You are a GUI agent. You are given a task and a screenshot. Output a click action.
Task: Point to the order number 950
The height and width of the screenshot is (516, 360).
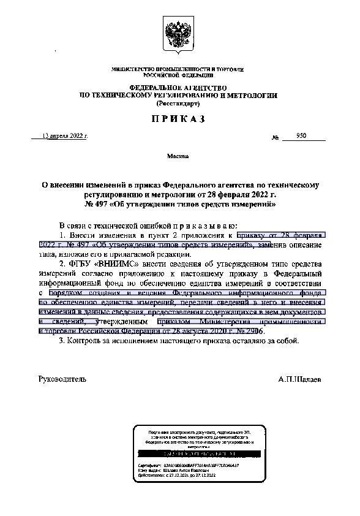(x=301, y=135)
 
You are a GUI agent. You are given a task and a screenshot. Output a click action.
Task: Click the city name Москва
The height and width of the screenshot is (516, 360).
(x=178, y=157)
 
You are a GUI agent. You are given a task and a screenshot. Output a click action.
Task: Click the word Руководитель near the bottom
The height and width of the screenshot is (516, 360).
(x=62, y=379)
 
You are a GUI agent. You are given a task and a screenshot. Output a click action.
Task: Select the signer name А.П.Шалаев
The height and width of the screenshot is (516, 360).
(x=299, y=379)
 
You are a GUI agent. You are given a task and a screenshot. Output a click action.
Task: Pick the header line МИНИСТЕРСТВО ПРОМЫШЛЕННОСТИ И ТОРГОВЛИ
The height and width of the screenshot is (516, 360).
(x=178, y=70)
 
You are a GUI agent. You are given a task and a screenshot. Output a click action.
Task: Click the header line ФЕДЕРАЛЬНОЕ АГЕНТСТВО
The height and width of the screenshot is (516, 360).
(x=178, y=88)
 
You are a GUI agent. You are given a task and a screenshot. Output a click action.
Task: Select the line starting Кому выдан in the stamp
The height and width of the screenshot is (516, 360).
(x=165, y=470)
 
